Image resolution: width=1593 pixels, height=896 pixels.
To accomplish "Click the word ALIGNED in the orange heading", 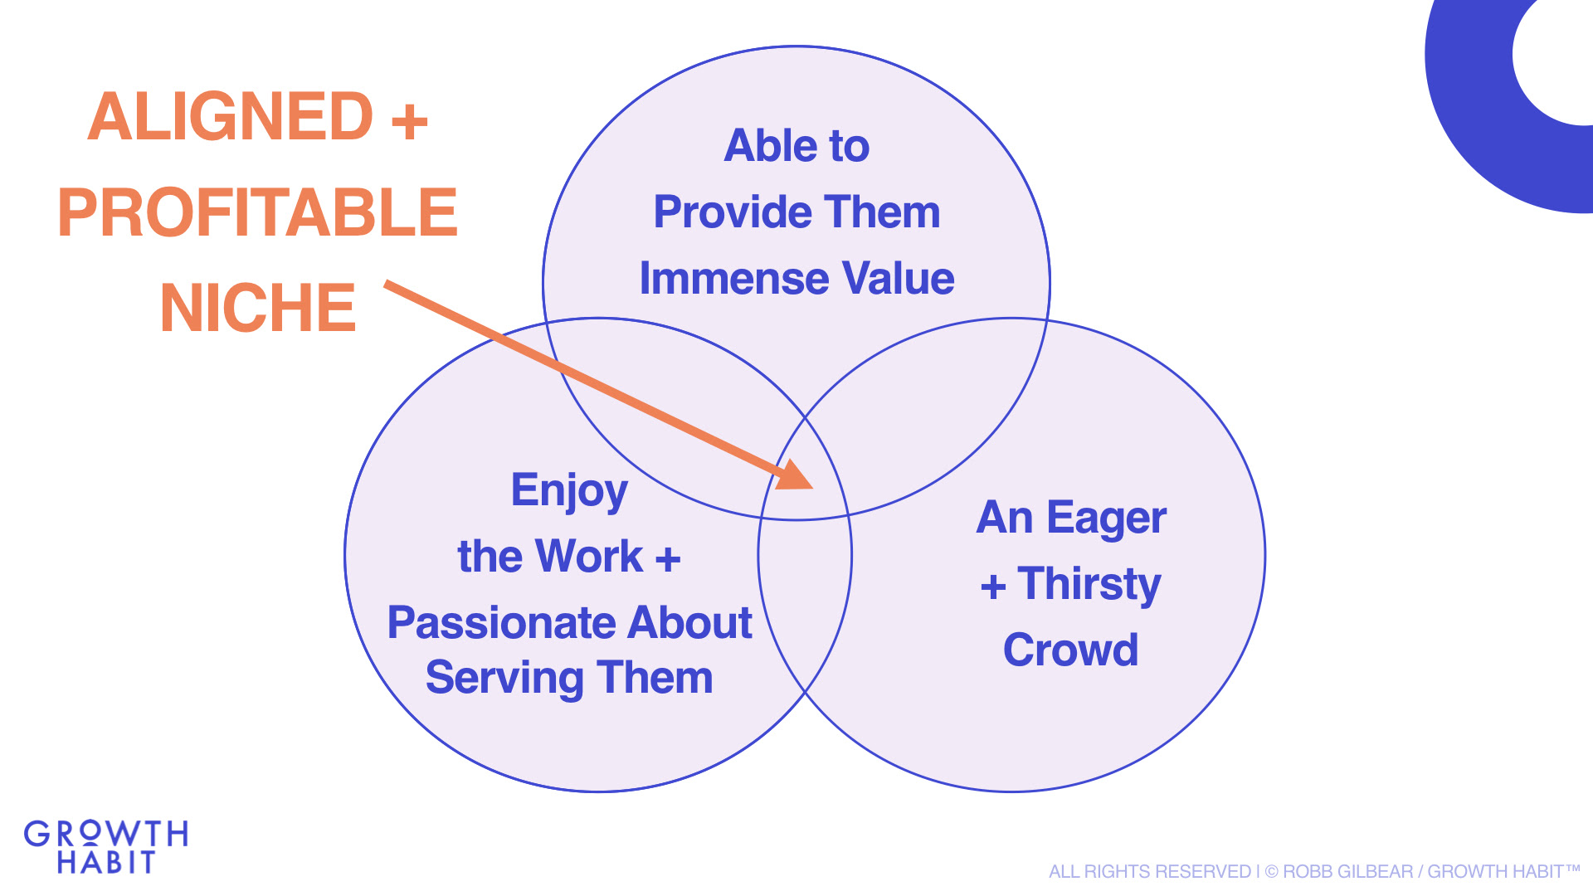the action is (231, 116).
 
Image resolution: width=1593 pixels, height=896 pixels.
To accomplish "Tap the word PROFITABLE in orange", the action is (257, 212).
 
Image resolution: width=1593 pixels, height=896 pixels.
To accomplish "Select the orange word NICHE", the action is (258, 308).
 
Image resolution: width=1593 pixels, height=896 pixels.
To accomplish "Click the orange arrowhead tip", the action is (813, 488).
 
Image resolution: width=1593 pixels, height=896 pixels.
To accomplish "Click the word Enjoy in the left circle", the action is (569, 492).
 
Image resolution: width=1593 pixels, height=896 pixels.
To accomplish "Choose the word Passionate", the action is (500, 622).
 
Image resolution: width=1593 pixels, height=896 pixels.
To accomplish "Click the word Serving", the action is (504, 679).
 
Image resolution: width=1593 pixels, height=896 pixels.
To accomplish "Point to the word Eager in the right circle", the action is (1107, 519).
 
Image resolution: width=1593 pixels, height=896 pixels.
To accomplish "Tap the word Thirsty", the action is (1089, 585).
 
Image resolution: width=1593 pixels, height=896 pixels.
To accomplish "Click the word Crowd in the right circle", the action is (1071, 650).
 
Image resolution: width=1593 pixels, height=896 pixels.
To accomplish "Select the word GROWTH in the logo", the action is (106, 834).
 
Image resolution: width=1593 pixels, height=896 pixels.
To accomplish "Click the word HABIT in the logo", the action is (106, 863).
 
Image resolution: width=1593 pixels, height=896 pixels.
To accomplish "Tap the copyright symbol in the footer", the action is (1272, 872).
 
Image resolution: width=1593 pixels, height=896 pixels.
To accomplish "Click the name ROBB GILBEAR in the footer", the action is (1348, 872).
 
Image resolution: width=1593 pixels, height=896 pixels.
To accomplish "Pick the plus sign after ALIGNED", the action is (410, 122).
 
